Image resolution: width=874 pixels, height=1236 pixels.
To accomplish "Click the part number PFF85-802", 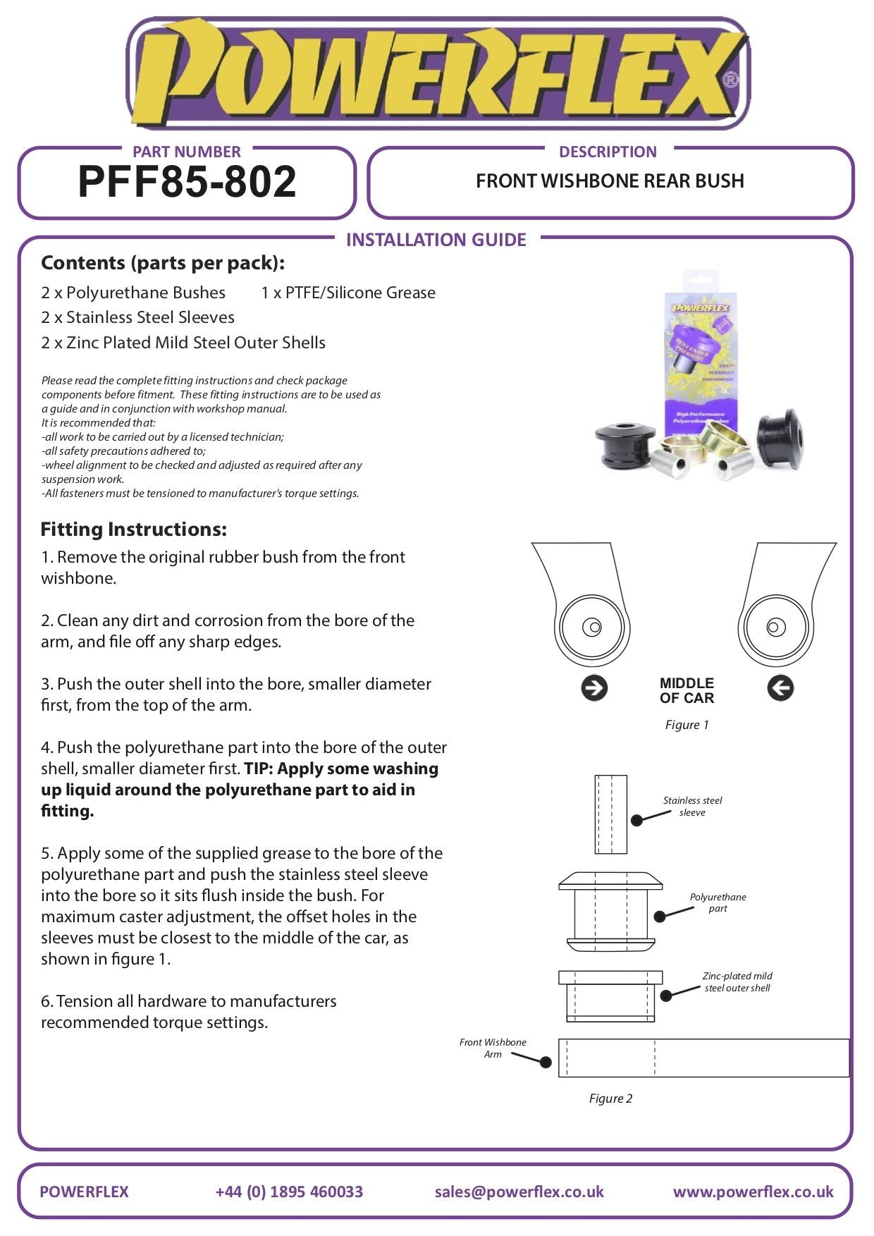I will pos(187,182).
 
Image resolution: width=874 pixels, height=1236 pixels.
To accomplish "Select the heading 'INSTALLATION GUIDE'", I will pos(436,240).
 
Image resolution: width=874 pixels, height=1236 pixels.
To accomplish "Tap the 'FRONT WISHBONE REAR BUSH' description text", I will pos(610,181).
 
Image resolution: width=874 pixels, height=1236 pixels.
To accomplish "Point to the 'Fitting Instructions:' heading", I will pos(134,529).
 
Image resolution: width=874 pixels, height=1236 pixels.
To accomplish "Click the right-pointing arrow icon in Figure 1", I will pos(594,688).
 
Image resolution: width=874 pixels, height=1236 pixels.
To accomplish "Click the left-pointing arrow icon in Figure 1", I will pos(780,688).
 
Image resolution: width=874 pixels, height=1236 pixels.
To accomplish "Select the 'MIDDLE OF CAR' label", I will pos(687,690).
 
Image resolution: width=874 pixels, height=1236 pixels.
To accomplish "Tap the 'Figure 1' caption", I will pos(687,725).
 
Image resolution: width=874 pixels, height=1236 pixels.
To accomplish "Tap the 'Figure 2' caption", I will pos(610,1099).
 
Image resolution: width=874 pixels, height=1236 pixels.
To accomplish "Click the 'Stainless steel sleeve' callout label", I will pos(692,806).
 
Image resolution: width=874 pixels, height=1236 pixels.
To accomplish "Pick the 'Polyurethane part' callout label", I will pos(718,902).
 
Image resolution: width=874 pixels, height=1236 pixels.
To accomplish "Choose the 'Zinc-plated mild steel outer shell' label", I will pos(737,981).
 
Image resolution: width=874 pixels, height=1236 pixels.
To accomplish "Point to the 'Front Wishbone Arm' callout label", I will pos(493,1048).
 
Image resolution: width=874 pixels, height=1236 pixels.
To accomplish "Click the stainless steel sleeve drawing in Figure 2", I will pos(610,814).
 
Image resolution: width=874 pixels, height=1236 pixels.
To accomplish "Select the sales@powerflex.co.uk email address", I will pos(519,1192).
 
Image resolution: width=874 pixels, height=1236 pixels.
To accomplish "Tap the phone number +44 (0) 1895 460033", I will pos(289,1192).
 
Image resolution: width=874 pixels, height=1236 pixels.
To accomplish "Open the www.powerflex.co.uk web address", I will pos(753,1192).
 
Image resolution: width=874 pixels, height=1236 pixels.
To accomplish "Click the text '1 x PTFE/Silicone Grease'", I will pos(348,293).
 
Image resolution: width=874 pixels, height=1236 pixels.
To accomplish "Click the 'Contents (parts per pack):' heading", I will pos(163,263).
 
